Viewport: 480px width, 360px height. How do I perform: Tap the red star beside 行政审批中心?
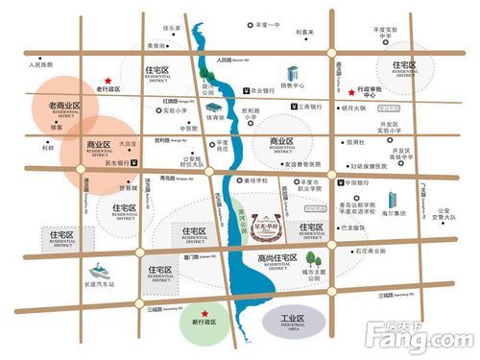351,84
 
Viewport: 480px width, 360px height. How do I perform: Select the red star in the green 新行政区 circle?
204,313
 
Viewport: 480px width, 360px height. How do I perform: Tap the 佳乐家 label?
172,28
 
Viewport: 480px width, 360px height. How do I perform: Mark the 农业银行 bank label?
262,91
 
